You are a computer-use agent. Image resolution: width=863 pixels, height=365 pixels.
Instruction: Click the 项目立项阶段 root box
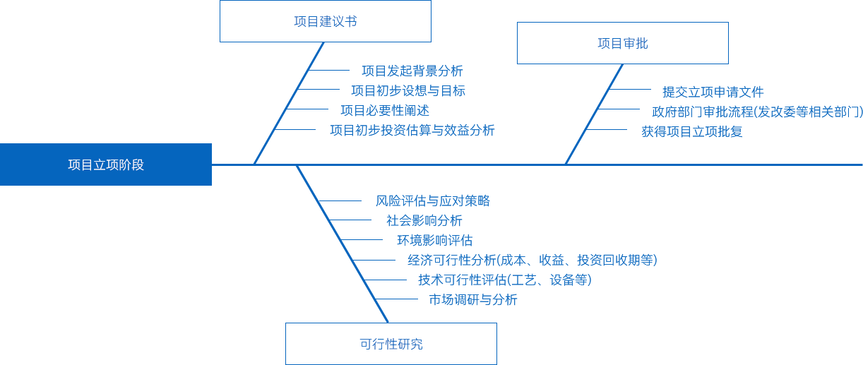coord(106,164)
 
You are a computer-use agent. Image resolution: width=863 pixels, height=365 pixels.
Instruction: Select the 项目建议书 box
coord(325,21)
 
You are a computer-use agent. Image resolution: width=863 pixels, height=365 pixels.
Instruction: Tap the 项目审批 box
coord(622,43)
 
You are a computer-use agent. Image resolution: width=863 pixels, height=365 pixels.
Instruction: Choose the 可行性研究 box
coord(391,344)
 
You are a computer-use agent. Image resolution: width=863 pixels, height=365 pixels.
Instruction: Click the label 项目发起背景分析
coord(412,71)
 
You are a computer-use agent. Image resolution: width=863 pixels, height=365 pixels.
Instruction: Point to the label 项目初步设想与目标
coord(408,90)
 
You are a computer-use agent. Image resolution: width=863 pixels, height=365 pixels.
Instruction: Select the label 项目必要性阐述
coord(385,110)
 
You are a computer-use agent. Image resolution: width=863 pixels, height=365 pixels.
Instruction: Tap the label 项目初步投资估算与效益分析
coord(412,130)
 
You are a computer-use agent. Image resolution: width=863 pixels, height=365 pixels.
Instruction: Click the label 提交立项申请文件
coord(713,92)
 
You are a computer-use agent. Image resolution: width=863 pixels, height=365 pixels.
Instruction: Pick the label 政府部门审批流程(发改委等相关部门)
coord(757,112)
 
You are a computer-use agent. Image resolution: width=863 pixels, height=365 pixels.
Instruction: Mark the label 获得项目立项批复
coord(692,131)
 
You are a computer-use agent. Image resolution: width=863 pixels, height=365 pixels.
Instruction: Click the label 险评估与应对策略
coord(437,201)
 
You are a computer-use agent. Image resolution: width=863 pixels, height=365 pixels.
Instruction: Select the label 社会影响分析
coord(424,220)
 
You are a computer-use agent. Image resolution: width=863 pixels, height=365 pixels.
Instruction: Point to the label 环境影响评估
coord(435,240)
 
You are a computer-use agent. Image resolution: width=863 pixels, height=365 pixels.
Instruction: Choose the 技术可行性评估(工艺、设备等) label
coord(504,280)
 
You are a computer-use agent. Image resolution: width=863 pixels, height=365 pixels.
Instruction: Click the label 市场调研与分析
coord(473,299)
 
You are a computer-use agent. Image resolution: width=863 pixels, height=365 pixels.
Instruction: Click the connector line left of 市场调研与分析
coord(403,299)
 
